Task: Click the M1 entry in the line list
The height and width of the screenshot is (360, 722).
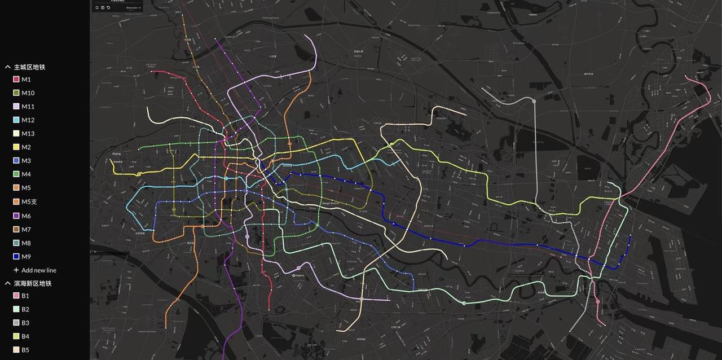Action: (x=26, y=80)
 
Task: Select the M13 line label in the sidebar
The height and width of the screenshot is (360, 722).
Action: (x=28, y=134)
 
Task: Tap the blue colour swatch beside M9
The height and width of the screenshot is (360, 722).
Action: (x=16, y=257)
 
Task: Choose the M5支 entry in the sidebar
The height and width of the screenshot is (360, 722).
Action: (x=29, y=201)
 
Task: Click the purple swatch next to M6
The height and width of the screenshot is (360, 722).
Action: (x=16, y=216)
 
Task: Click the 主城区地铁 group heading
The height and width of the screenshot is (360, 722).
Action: (x=29, y=67)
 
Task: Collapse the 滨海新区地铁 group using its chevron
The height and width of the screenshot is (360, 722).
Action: (x=8, y=283)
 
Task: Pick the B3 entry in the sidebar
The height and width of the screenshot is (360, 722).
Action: (x=25, y=323)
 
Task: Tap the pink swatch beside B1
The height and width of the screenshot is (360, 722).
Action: (x=16, y=296)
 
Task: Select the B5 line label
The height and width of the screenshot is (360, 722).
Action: (x=25, y=350)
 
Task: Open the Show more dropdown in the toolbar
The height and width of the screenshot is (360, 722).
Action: (x=134, y=8)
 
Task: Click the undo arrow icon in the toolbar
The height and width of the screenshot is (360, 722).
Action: (x=108, y=8)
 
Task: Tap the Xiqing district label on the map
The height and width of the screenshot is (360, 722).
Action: (x=117, y=153)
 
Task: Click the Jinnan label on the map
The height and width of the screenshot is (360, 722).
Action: (x=361, y=339)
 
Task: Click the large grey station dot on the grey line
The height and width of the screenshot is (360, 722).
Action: (x=534, y=100)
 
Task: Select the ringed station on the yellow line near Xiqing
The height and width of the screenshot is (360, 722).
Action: (x=139, y=174)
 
